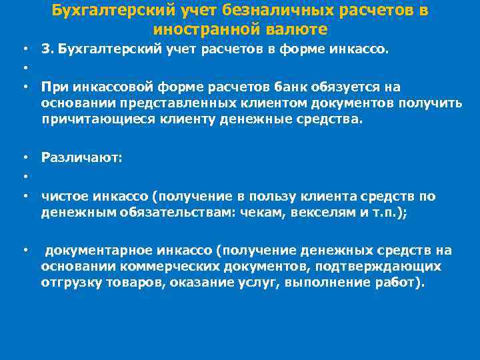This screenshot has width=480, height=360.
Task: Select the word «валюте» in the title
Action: point(294,30)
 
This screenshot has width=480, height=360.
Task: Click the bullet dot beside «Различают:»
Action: point(24,157)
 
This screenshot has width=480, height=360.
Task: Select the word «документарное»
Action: point(97,251)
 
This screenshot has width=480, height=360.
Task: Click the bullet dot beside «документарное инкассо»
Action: point(24,251)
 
